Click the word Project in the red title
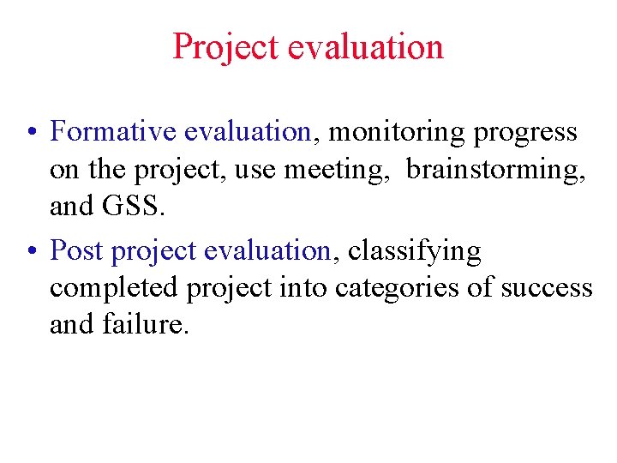[226, 46]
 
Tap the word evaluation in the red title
[366, 46]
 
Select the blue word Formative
[113, 131]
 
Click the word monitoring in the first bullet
[398, 131]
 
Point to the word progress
[525, 133]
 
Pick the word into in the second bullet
[305, 287]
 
